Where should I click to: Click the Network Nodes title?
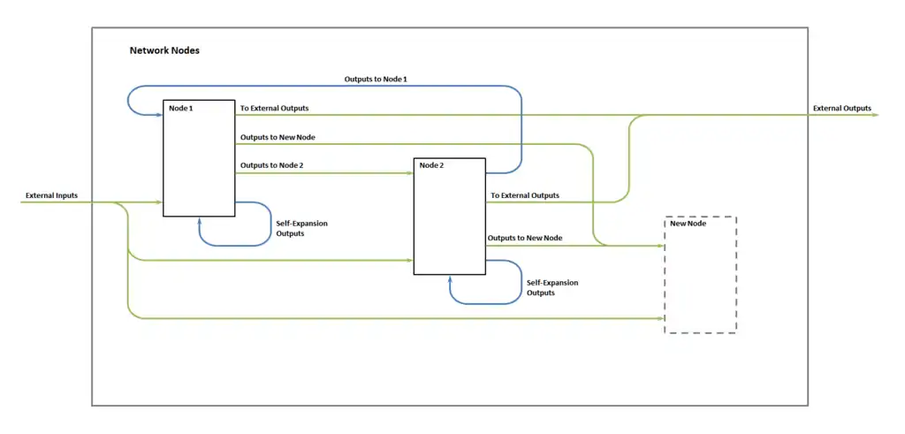click(164, 50)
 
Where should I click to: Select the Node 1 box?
click(199, 158)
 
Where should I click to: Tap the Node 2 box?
click(449, 217)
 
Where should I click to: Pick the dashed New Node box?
click(700, 275)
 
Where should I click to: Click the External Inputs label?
click(51, 194)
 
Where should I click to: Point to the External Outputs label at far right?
click(841, 109)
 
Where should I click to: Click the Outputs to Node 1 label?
click(376, 80)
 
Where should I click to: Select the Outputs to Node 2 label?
click(271, 165)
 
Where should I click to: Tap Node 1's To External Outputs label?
click(274, 108)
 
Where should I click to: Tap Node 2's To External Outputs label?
click(525, 195)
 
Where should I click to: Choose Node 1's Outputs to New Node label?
click(278, 137)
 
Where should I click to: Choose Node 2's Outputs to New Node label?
click(525, 238)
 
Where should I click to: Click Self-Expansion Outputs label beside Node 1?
click(301, 228)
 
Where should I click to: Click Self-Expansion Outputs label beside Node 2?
click(552, 287)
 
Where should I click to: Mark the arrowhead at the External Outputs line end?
click(874, 115)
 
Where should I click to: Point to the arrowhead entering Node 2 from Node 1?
click(410, 173)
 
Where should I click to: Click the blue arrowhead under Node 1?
click(200, 221)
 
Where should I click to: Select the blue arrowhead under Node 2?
click(451, 279)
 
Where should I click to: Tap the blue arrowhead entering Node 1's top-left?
click(159, 114)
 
